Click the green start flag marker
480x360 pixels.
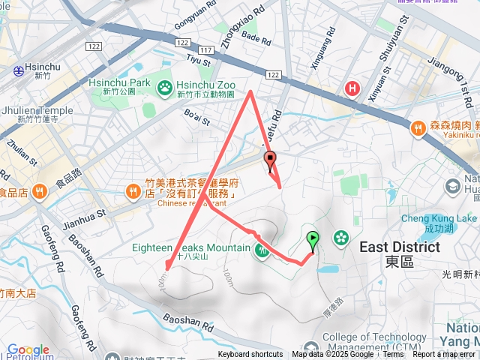coord(313,239)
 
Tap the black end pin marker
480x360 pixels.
coord(270,158)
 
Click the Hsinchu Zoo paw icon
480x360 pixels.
coord(164,88)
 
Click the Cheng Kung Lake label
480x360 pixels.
coord(434,218)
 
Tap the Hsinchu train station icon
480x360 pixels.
coord(18,70)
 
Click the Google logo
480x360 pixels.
coord(28,350)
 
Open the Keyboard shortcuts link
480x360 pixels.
coord(250,355)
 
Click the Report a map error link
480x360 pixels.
coord(443,355)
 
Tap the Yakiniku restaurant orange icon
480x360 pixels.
coord(417,129)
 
